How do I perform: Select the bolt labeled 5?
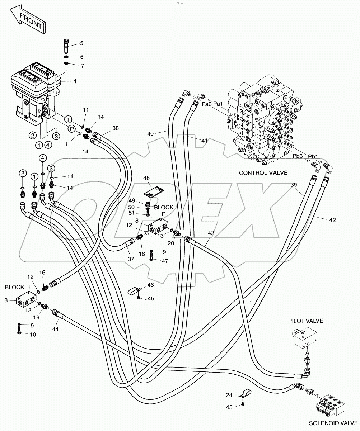(67, 46)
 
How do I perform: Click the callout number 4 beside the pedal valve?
(75, 81)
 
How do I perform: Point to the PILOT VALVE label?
(305, 321)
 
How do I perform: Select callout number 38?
(115, 128)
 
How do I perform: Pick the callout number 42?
(332, 220)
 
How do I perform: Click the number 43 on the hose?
(211, 233)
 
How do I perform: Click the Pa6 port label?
(206, 104)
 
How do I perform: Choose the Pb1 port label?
(313, 156)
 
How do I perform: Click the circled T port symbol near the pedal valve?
(67, 119)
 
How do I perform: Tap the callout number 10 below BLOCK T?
(33, 334)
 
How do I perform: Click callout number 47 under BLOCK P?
(165, 261)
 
